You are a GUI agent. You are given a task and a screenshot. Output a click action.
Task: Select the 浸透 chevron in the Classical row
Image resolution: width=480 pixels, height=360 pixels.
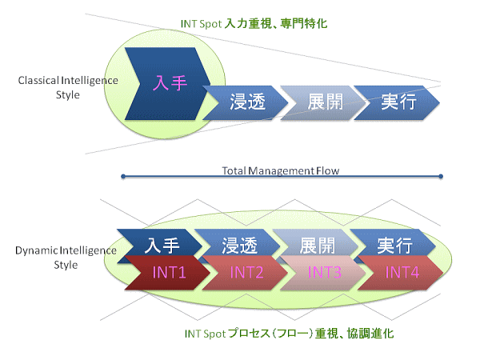click(246, 102)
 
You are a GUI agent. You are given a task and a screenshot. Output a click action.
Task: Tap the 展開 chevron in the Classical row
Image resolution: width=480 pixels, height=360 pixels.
click(323, 102)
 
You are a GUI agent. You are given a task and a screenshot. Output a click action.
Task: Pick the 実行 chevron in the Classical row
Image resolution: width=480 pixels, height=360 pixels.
click(397, 102)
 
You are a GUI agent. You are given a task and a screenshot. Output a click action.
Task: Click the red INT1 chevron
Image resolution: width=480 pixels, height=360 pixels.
click(168, 273)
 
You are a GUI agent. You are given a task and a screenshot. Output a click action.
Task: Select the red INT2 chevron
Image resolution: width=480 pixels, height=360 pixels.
click(246, 273)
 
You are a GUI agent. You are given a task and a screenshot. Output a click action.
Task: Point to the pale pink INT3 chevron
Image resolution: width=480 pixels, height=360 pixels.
click(323, 273)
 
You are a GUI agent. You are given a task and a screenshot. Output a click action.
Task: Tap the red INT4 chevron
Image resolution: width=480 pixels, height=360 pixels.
click(401, 273)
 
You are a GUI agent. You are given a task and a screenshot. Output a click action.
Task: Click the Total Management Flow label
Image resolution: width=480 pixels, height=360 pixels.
click(281, 170)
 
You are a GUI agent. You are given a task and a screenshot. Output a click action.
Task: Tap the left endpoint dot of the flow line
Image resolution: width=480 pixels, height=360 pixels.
click(123, 176)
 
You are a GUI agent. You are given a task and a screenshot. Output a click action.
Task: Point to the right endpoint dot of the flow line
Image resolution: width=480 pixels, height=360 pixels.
click(441, 176)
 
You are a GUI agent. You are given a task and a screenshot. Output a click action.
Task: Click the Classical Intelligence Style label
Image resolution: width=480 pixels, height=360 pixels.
click(68, 87)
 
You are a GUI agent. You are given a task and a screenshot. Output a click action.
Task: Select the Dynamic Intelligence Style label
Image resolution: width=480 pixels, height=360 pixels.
click(66, 258)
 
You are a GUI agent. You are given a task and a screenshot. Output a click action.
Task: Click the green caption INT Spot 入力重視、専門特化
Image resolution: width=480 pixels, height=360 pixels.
click(254, 23)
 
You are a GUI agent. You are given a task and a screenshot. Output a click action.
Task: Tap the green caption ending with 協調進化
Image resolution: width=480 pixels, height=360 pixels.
click(289, 334)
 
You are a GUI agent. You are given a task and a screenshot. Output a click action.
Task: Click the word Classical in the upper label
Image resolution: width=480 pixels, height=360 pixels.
click(38, 81)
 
